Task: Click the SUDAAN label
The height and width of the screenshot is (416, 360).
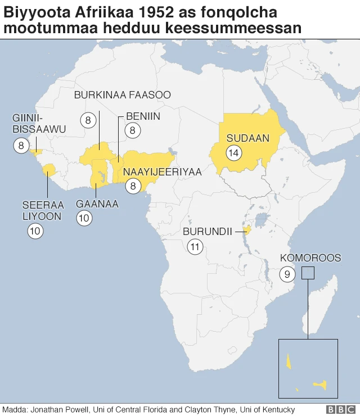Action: (247, 138)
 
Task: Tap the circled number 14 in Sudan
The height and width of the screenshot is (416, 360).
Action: (233, 152)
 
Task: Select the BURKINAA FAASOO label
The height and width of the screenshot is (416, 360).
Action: (122, 95)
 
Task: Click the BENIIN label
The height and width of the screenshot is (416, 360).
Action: (143, 116)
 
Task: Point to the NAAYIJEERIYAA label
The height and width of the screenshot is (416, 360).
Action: (162, 172)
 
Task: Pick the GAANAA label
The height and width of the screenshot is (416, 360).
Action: (97, 204)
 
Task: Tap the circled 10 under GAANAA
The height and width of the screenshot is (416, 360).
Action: (84, 219)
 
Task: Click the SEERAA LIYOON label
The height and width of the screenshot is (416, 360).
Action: (43, 210)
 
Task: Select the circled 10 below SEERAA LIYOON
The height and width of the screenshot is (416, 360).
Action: (35, 230)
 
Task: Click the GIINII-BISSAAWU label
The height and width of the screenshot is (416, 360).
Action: (39, 124)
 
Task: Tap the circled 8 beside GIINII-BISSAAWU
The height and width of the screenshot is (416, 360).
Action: (21, 146)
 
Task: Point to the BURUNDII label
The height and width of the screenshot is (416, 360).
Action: (207, 232)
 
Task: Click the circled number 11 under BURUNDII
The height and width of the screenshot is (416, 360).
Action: (195, 247)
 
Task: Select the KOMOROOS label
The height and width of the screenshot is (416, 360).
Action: (310, 258)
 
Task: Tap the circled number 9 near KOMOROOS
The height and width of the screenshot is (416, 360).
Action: (287, 274)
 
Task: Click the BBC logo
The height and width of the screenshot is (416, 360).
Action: (338, 409)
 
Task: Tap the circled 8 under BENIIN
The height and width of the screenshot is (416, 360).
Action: (133, 130)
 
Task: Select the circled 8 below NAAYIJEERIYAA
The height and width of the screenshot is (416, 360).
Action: (133, 186)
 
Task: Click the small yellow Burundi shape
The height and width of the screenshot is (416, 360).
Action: (246, 229)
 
